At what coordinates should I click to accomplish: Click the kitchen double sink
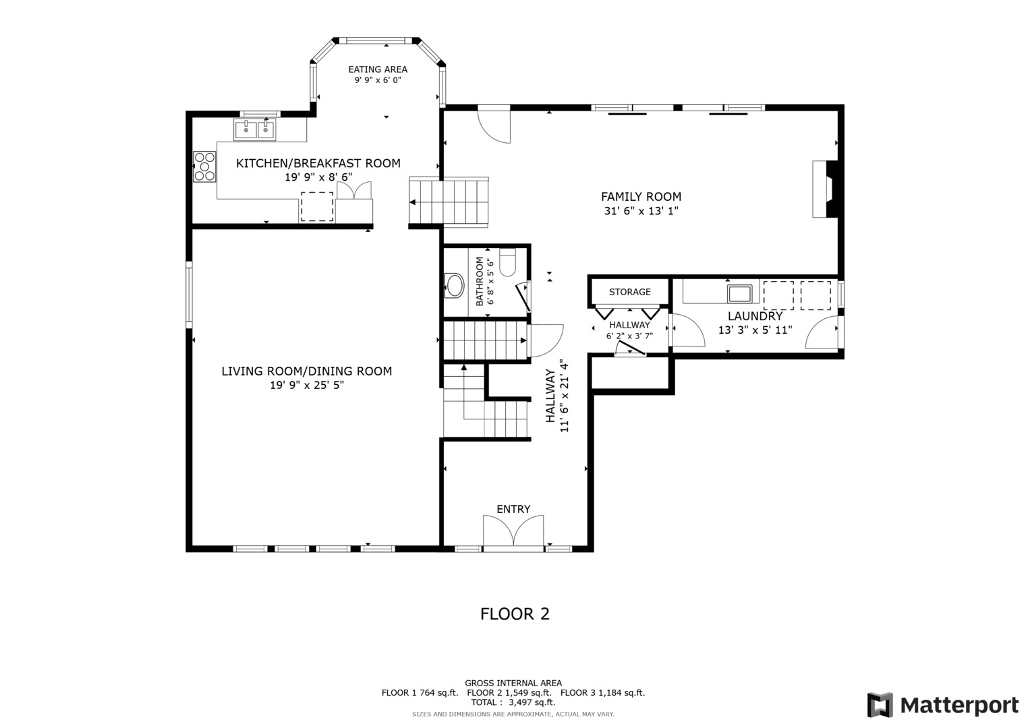pyautogui.click(x=255, y=129)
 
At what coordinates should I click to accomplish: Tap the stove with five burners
pyautogui.click(x=204, y=166)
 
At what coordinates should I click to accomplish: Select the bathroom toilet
pyautogui.click(x=508, y=262)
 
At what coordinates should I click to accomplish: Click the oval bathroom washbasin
pyautogui.click(x=455, y=286)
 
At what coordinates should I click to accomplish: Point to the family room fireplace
pyautogui.click(x=827, y=189)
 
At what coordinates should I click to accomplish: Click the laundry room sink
pyautogui.click(x=739, y=293)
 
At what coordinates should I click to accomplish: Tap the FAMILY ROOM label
pyautogui.click(x=641, y=197)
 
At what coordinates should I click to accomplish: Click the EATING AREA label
pyautogui.click(x=378, y=69)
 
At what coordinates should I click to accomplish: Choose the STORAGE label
pyautogui.click(x=630, y=292)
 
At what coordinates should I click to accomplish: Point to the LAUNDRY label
pyautogui.click(x=755, y=316)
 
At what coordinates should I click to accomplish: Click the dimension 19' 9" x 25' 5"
pyautogui.click(x=307, y=385)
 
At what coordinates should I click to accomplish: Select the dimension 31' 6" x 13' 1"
pyautogui.click(x=641, y=211)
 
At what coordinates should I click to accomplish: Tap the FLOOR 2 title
pyautogui.click(x=515, y=614)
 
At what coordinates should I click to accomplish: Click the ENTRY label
pyautogui.click(x=513, y=509)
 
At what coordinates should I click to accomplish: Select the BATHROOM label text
pyautogui.click(x=480, y=281)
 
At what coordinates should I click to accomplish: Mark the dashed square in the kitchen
pyautogui.click(x=317, y=206)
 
